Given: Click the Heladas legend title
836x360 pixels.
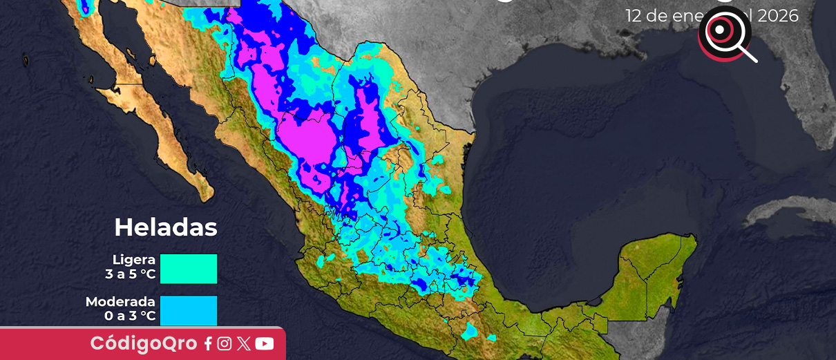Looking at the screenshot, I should [x=166, y=227].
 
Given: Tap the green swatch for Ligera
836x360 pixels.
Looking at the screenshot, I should [x=189, y=269].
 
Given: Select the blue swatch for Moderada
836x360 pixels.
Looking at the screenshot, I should [x=189, y=310].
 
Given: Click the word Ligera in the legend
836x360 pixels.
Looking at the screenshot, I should [x=134, y=260].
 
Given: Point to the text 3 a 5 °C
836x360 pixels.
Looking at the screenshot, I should [x=131, y=275].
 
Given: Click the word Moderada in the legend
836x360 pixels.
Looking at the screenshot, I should [x=121, y=302].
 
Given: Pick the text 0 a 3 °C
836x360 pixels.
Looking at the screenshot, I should [x=130, y=317].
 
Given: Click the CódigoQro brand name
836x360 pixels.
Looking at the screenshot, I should [x=144, y=343].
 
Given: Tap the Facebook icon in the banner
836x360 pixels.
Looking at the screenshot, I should [x=208, y=344].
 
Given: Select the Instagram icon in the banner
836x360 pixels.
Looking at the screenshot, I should [x=225, y=343].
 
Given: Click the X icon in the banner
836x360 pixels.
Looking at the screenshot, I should [x=243, y=343].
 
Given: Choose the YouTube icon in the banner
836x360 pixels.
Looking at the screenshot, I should [x=264, y=343].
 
